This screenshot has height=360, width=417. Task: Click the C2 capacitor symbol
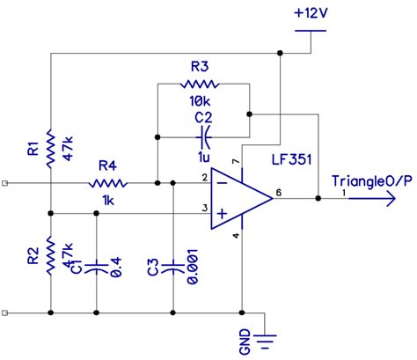tap(203, 136)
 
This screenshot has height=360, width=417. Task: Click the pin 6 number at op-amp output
tap(280, 190)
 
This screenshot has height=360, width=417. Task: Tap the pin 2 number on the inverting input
tap(203, 178)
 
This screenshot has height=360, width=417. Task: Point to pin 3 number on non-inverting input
tap(203, 208)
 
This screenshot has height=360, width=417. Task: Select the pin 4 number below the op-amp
tap(235, 236)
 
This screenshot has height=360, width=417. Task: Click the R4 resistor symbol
tap(108, 184)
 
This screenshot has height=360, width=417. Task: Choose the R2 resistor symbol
tap(51, 255)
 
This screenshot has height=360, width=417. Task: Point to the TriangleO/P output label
tap(369, 181)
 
